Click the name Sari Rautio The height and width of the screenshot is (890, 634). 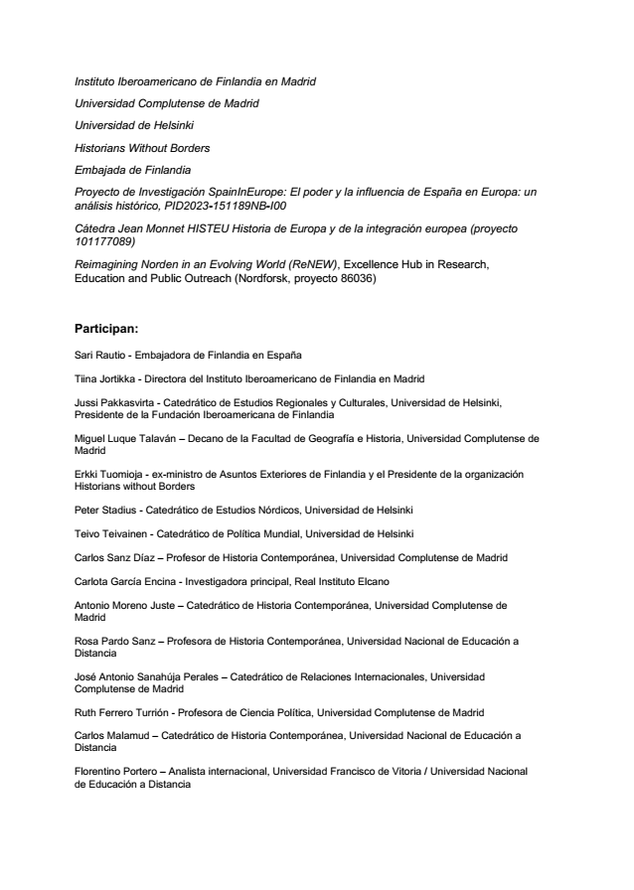100,355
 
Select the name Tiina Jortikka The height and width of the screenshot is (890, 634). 105,378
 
